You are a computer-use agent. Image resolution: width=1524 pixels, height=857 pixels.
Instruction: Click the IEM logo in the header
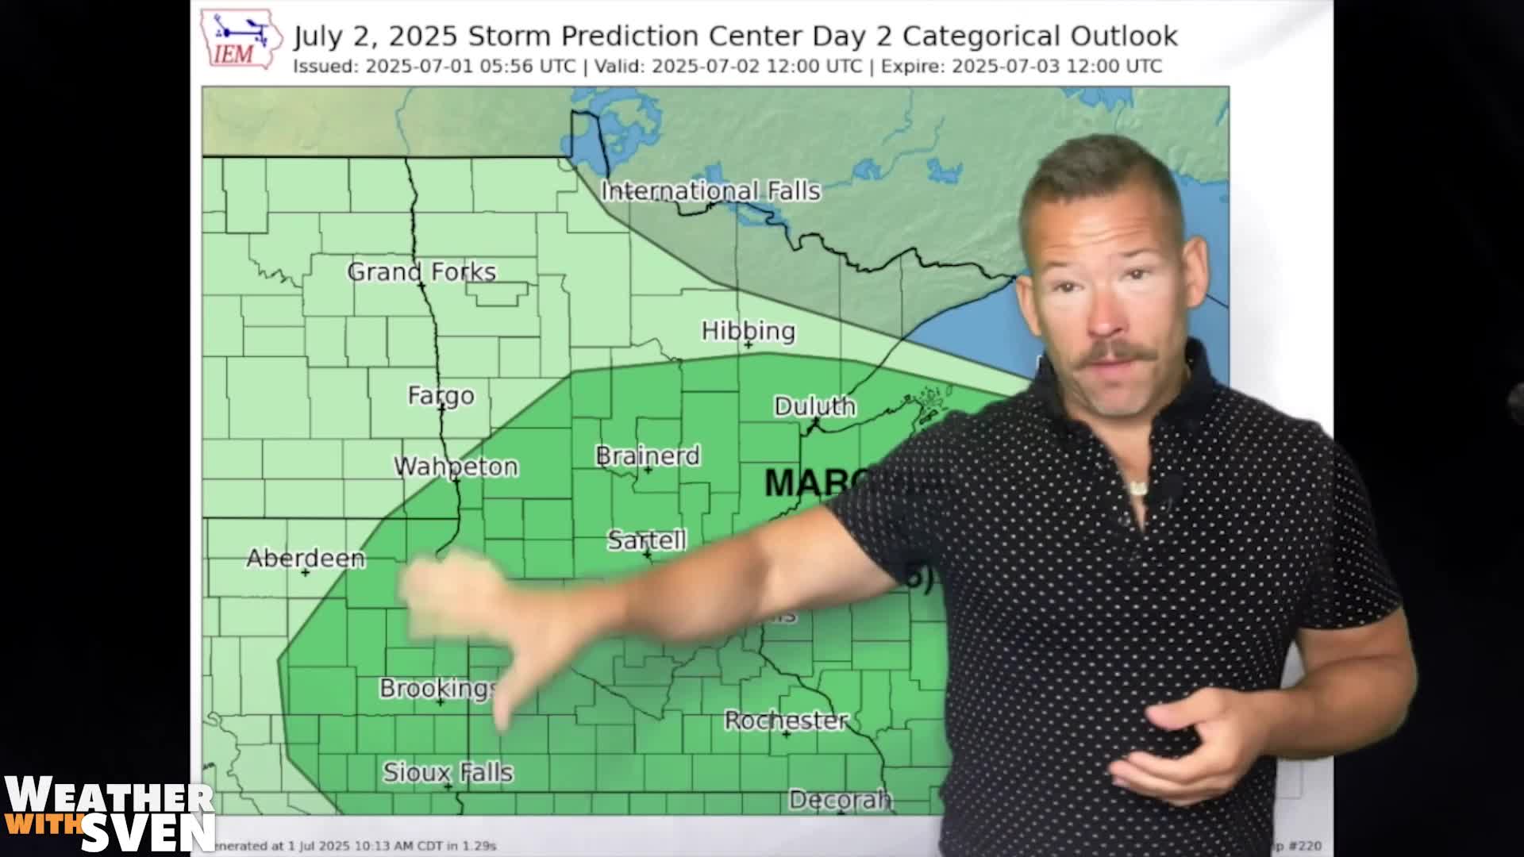click(x=241, y=38)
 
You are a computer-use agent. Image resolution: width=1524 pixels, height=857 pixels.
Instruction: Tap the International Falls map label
click(x=710, y=191)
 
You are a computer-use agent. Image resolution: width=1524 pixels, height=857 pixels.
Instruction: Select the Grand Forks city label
click(x=421, y=272)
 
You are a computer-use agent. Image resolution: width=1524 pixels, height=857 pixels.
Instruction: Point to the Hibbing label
click(x=748, y=331)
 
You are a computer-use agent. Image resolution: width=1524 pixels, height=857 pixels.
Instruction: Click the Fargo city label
click(x=441, y=395)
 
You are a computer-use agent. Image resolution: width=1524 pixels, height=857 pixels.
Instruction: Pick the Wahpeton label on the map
click(x=456, y=467)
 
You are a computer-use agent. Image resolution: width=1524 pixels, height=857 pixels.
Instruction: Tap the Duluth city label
click(x=814, y=406)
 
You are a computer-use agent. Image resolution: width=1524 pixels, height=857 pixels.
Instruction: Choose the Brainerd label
click(x=648, y=456)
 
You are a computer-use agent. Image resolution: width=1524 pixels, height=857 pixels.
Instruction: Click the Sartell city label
click(x=646, y=540)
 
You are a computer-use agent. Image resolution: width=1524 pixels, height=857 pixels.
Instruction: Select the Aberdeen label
click(x=306, y=558)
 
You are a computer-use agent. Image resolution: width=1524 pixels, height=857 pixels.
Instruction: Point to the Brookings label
click(x=438, y=688)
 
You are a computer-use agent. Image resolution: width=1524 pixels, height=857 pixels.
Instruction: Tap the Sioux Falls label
click(x=448, y=772)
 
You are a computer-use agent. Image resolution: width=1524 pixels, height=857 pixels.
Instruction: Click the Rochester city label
click(x=786, y=721)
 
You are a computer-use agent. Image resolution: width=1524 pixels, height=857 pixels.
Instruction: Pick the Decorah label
click(x=840, y=800)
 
